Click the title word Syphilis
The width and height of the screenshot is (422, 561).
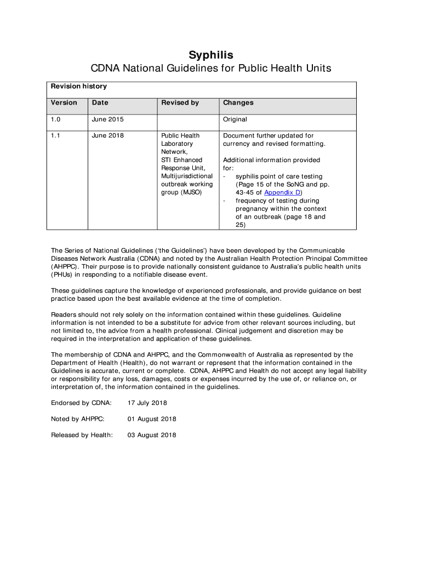click(x=211, y=55)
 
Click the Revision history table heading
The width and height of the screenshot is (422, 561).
click(x=79, y=87)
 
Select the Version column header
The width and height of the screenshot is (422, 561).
click(x=64, y=103)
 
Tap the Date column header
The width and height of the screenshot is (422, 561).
click(x=100, y=103)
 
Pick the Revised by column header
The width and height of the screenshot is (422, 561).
click(x=180, y=103)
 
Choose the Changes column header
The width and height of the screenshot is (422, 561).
click(x=238, y=103)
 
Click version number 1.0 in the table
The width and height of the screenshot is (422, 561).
click(x=56, y=119)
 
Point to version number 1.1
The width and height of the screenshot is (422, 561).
click(x=56, y=136)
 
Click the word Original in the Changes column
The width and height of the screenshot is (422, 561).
click(x=235, y=119)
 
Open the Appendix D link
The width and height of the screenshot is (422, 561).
click(x=282, y=193)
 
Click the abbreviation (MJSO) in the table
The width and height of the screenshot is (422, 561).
click(x=189, y=193)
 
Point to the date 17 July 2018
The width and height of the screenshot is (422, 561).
click(x=147, y=403)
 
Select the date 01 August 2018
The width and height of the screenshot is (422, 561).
click(x=152, y=419)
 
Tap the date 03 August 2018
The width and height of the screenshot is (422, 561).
click(x=152, y=436)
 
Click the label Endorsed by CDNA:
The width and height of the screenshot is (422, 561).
click(x=81, y=403)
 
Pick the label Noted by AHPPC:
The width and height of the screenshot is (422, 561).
click(x=78, y=419)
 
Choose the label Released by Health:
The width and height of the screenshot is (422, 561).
click(x=82, y=436)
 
